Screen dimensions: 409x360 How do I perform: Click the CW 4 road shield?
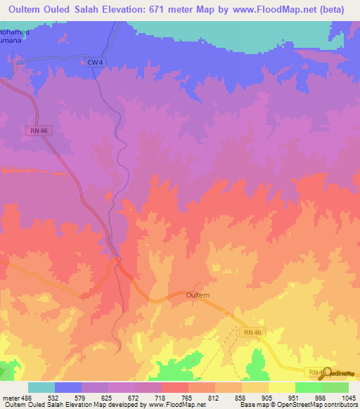click(x=95, y=63)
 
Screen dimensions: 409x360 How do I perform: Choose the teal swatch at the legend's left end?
click(x=41, y=387)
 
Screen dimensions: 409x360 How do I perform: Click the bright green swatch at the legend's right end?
click(x=335, y=387)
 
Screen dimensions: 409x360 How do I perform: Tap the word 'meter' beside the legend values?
click(x=8, y=397)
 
